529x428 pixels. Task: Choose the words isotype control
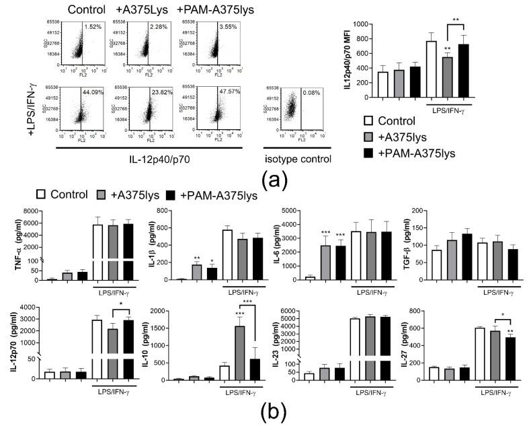pos(299,159)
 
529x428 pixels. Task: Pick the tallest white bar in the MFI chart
pos(432,69)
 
